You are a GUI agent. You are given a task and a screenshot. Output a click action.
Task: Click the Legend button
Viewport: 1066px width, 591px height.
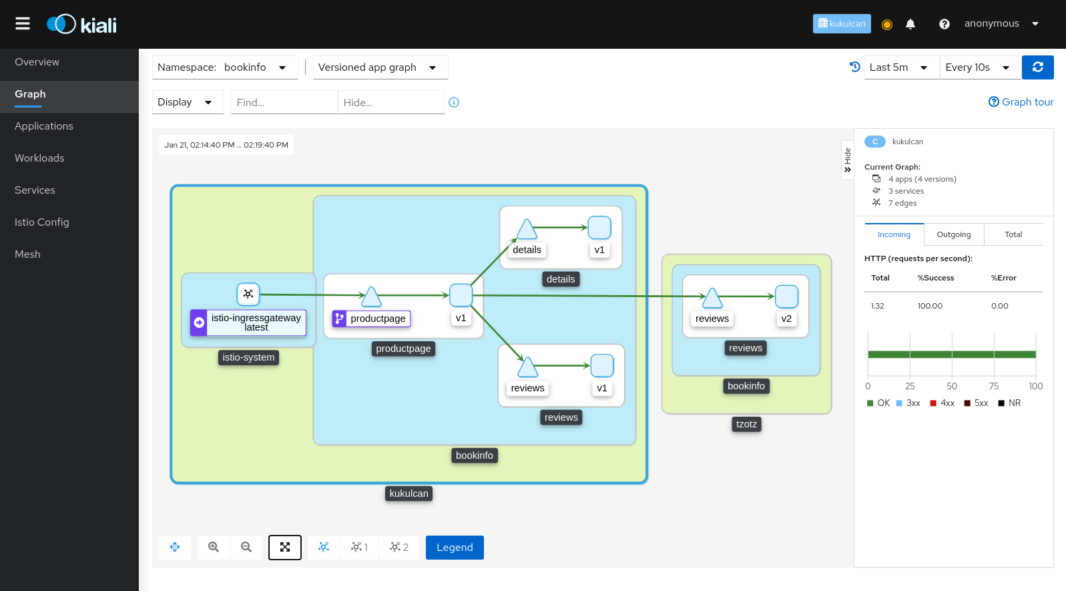coord(455,547)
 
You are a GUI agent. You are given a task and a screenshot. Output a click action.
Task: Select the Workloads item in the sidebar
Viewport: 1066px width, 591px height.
coord(39,158)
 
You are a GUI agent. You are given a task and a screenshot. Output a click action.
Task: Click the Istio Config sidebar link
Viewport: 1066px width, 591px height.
coord(42,222)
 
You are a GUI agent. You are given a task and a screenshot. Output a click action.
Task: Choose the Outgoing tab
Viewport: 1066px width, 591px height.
coord(954,234)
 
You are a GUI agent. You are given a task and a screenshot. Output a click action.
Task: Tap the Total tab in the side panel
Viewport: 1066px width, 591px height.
coord(1013,234)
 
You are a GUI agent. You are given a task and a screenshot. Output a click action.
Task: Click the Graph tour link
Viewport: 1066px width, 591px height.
coord(1021,102)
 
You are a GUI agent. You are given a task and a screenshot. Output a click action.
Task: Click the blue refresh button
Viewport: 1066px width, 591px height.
coord(1038,67)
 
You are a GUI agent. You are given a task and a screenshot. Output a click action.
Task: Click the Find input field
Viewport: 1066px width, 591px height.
coord(284,102)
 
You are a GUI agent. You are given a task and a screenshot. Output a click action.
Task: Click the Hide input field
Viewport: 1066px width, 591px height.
coord(390,102)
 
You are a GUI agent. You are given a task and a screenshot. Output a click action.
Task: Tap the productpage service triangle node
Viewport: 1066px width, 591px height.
coord(371,297)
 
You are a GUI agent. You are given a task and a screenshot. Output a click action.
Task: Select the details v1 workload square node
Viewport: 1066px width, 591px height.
coord(599,228)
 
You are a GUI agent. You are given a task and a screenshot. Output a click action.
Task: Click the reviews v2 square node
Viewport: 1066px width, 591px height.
coord(786,297)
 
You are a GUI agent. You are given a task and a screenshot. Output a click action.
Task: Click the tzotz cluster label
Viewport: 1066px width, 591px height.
coord(746,424)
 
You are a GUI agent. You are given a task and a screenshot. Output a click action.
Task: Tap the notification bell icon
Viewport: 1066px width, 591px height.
coord(910,24)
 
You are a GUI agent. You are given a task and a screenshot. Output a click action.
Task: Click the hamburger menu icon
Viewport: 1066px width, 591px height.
coord(23,23)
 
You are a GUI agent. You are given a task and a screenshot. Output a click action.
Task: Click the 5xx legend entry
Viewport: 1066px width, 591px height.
coord(976,403)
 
